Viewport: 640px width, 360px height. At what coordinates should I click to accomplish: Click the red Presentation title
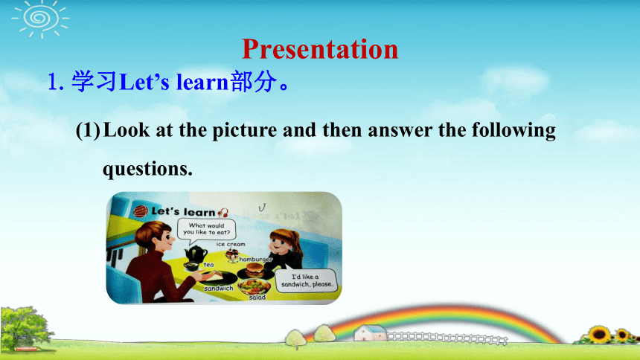pyautogui.click(x=320, y=50)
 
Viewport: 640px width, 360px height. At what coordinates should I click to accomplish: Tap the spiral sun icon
pyautogui.click(x=40, y=19)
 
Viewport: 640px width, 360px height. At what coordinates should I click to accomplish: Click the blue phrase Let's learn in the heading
pyautogui.click(x=173, y=82)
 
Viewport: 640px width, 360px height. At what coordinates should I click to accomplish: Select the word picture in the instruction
pyautogui.click(x=245, y=131)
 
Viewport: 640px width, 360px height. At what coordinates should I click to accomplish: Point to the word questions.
pyautogui.click(x=147, y=169)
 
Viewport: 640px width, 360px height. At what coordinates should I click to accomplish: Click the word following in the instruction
pyautogui.click(x=513, y=131)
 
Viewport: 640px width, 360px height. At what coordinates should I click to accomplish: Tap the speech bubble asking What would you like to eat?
pyautogui.click(x=206, y=229)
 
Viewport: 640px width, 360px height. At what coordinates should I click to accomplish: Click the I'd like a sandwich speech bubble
pyautogui.click(x=307, y=281)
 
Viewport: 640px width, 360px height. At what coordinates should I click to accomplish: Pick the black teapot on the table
pyautogui.click(x=195, y=254)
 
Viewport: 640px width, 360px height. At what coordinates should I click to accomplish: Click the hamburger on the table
pyautogui.click(x=255, y=270)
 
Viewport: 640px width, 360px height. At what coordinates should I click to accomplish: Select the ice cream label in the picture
pyautogui.click(x=231, y=244)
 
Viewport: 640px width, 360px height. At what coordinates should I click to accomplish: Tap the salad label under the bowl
pyautogui.click(x=257, y=298)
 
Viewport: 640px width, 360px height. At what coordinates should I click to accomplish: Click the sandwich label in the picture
pyautogui.click(x=219, y=288)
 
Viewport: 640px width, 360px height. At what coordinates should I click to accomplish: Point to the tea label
pyautogui.click(x=208, y=265)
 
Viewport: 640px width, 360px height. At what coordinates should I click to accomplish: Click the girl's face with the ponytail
pyautogui.click(x=279, y=245)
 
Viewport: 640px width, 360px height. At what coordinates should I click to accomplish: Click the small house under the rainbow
pyautogui.click(x=370, y=332)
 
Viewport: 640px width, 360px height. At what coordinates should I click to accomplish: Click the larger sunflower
pyautogui.click(x=599, y=334)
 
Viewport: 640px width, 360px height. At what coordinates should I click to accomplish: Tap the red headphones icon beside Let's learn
pyautogui.click(x=223, y=213)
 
